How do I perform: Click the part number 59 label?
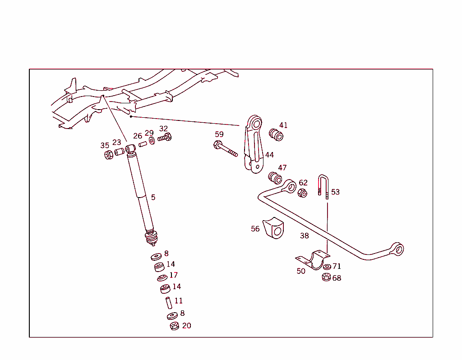tap(219, 134)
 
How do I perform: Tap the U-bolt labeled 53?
tap(323, 185)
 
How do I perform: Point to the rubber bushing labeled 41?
tap(276, 134)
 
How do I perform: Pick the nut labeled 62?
tap(302, 193)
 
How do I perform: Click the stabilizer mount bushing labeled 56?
tap(274, 228)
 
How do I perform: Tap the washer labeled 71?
tap(327, 267)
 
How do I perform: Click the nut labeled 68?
tap(326, 277)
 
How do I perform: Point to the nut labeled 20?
tap(174, 326)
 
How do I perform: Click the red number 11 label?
tap(179, 301)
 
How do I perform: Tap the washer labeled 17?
tap(162, 277)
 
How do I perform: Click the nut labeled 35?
tap(108, 155)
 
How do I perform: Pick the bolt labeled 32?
tap(165, 137)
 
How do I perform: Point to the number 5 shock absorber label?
tap(153, 197)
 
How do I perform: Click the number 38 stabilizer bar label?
tap(305, 235)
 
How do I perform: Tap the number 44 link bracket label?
tap(269, 155)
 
